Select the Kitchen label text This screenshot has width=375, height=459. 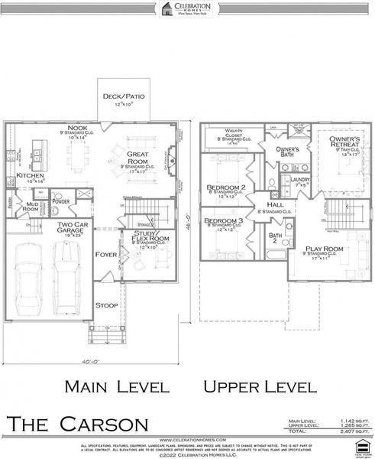pyautogui.click(x=29, y=176)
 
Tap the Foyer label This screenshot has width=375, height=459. pyautogui.click(x=105, y=254)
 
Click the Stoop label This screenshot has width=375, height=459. pyautogui.click(x=106, y=305)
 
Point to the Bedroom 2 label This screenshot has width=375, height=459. pyautogui.click(x=225, y=187)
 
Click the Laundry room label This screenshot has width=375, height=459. pyautogui.click(x=300, y=180)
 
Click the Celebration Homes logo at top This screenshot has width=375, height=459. pyautogui.click(x=187, y=8)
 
